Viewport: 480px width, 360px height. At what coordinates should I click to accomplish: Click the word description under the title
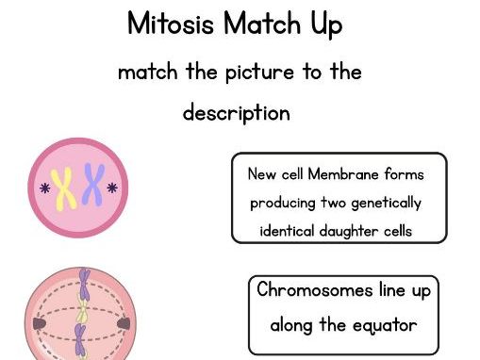(236, 113)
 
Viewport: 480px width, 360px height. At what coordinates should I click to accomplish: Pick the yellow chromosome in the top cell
(64, 188)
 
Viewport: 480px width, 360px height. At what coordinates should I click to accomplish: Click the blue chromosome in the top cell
(92, 185)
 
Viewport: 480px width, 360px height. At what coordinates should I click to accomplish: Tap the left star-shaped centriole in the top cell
(43, 188)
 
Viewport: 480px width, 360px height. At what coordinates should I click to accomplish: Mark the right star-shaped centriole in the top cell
(113, 188)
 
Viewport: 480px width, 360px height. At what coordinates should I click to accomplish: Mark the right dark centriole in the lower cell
(123, 324)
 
